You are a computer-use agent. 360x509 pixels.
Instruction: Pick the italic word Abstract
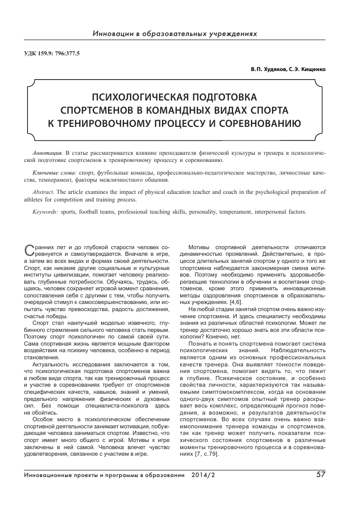tap(43, 192)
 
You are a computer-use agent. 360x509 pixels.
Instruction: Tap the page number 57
tap(320, 475)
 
